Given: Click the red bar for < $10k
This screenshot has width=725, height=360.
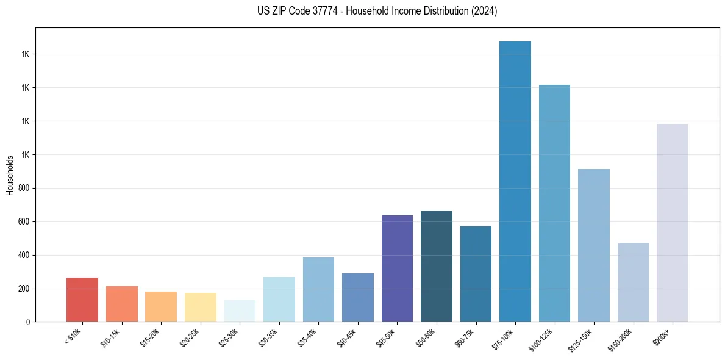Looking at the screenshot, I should click(82, 300).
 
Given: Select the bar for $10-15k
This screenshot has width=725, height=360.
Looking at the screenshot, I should click(122, 304).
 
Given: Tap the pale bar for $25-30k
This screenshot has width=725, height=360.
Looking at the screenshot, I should click(240, 311).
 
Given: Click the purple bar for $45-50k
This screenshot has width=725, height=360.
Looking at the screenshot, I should click(397, 268).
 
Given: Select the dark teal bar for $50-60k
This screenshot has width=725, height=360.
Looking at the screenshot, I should click(437, 266).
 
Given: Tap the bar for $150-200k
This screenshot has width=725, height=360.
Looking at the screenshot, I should click(633, 282).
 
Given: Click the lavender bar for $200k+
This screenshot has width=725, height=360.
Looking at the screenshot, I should click(673, 223).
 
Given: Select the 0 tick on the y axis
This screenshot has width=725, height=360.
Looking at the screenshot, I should click(29, 322).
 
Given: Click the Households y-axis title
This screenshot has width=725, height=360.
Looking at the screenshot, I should click(10, 175).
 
